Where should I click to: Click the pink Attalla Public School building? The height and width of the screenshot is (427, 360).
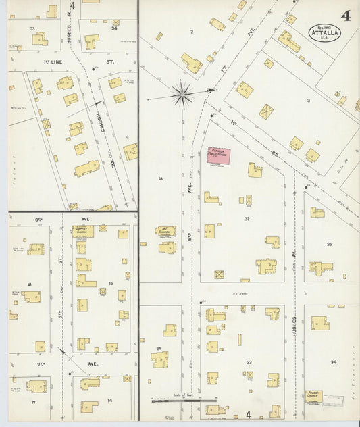point(218,156)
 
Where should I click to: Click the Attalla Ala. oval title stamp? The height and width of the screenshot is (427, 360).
point(325,32)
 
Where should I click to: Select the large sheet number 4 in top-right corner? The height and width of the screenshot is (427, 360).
point(345,16)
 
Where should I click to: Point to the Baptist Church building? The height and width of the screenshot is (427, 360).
point(83,231)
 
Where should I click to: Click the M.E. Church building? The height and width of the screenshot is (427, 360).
point(165,231)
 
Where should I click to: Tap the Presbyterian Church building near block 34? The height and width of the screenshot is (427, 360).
point(313,397)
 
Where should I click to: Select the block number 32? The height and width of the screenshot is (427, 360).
point(247,219)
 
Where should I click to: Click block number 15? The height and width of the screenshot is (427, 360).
point(110,283)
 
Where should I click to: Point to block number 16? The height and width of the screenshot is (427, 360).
point(30,285)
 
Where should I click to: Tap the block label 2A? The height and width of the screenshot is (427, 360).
point(159,349)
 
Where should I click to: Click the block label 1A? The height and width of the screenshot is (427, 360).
point(160,178)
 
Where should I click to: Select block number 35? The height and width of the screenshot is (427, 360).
point(329,244)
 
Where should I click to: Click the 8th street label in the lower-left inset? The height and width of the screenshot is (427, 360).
point(38,220)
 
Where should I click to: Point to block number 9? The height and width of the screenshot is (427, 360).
point(126,138)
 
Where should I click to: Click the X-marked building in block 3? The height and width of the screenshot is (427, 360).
point(266,111)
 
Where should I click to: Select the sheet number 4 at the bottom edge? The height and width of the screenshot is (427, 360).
point(248,414)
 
